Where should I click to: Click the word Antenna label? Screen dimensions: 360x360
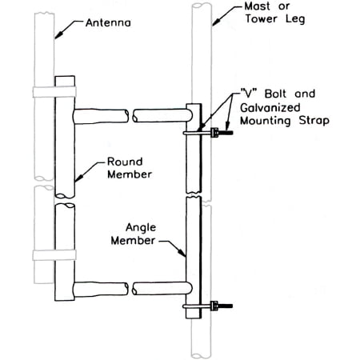coord(108,24)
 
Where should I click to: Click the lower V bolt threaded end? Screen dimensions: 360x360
coord(226,306)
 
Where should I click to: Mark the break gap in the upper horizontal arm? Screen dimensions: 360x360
coord(130,117)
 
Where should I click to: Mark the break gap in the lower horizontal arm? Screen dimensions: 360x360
coord(130,286)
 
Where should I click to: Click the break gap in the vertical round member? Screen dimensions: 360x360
coord(65,199)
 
